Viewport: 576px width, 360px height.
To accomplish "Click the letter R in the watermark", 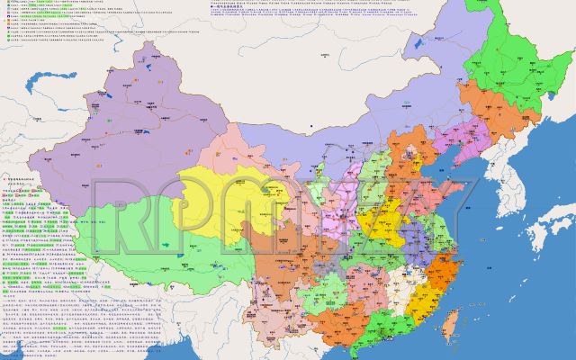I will [x=121, y=217].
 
